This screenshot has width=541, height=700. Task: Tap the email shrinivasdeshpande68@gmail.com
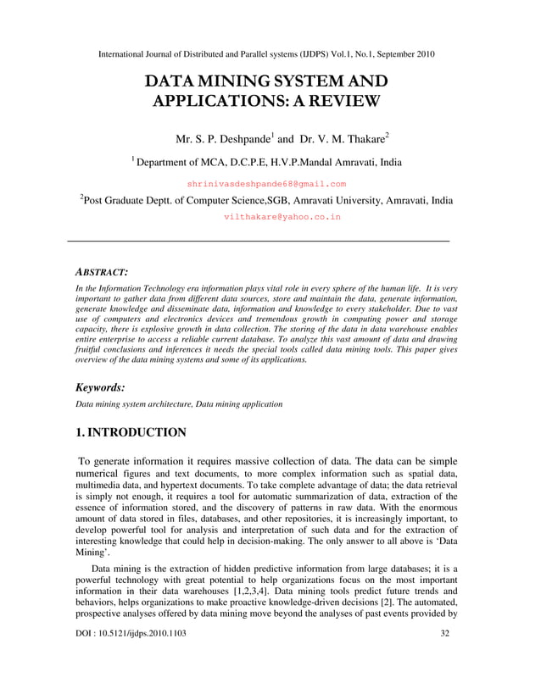(266, 183)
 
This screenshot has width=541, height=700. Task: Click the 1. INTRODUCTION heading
(131, 433)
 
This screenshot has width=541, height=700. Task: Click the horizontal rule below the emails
(257, 242)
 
